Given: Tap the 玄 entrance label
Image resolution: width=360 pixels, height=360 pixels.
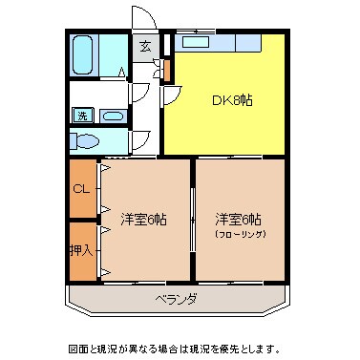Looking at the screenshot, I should (x=146, y=45).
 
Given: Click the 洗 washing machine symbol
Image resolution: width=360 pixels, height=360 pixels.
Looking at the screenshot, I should (x=82, y=116).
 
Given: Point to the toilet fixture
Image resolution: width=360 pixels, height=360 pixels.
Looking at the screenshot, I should (x=87, y=141).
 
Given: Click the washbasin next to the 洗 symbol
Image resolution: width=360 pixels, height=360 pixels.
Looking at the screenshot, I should (x=112, y=116).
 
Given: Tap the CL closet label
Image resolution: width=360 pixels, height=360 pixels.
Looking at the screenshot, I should (x=81, y=188).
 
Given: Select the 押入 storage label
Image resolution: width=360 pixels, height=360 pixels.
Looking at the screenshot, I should (x=81, y=251).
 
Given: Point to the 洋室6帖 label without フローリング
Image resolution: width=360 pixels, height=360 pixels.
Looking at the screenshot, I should (x=144, y=219).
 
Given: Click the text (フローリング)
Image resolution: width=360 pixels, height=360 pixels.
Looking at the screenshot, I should (x=239, y=233).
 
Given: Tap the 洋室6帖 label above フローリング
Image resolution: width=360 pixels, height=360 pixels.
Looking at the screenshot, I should (x=239, y=218).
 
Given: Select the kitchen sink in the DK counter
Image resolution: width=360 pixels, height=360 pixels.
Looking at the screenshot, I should (x=197, y=41).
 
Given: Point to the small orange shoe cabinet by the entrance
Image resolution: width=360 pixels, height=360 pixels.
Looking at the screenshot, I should (x=167, y=70).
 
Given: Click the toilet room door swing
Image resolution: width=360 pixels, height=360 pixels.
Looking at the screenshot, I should (x=140, y=139).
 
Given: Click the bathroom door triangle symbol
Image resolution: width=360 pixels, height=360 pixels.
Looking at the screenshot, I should (x=121, y=73).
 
